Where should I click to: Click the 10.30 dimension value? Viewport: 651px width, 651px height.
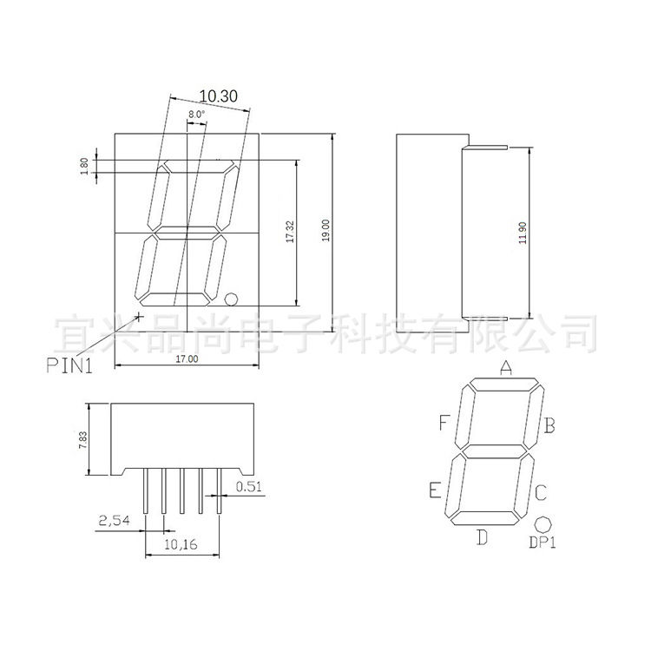(x=219, y=95)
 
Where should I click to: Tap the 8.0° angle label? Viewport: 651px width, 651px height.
(x=197, y=115)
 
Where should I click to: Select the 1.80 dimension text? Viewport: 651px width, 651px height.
(x=84, y=166)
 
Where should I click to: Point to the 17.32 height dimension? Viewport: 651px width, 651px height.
(x=290, y=231)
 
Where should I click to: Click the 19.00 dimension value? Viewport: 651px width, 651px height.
(x=325, y=230)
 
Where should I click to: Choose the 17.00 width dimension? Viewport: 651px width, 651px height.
(x=187, y=358)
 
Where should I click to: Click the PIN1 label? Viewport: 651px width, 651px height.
(x=69, y=365)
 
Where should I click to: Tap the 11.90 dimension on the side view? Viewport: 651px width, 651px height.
(x=523, y=233)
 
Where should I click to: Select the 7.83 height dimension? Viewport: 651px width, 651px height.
(x=83, y=440)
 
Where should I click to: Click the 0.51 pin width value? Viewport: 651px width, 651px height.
(x=249, y=486)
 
